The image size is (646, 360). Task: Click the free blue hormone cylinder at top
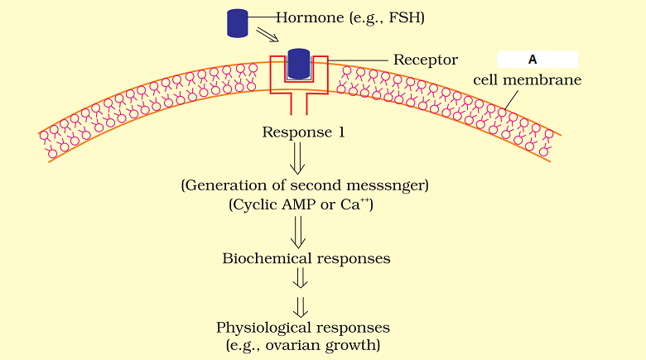coord(238,22)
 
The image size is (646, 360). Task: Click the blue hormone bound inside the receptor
coord(298,65)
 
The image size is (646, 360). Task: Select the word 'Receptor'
coord(426,60)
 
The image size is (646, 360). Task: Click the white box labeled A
coord(537,60)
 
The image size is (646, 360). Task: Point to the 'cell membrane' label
coord(527,80)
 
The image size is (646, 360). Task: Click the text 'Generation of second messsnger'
coord(304,185)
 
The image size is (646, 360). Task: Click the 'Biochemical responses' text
coord(306,258)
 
